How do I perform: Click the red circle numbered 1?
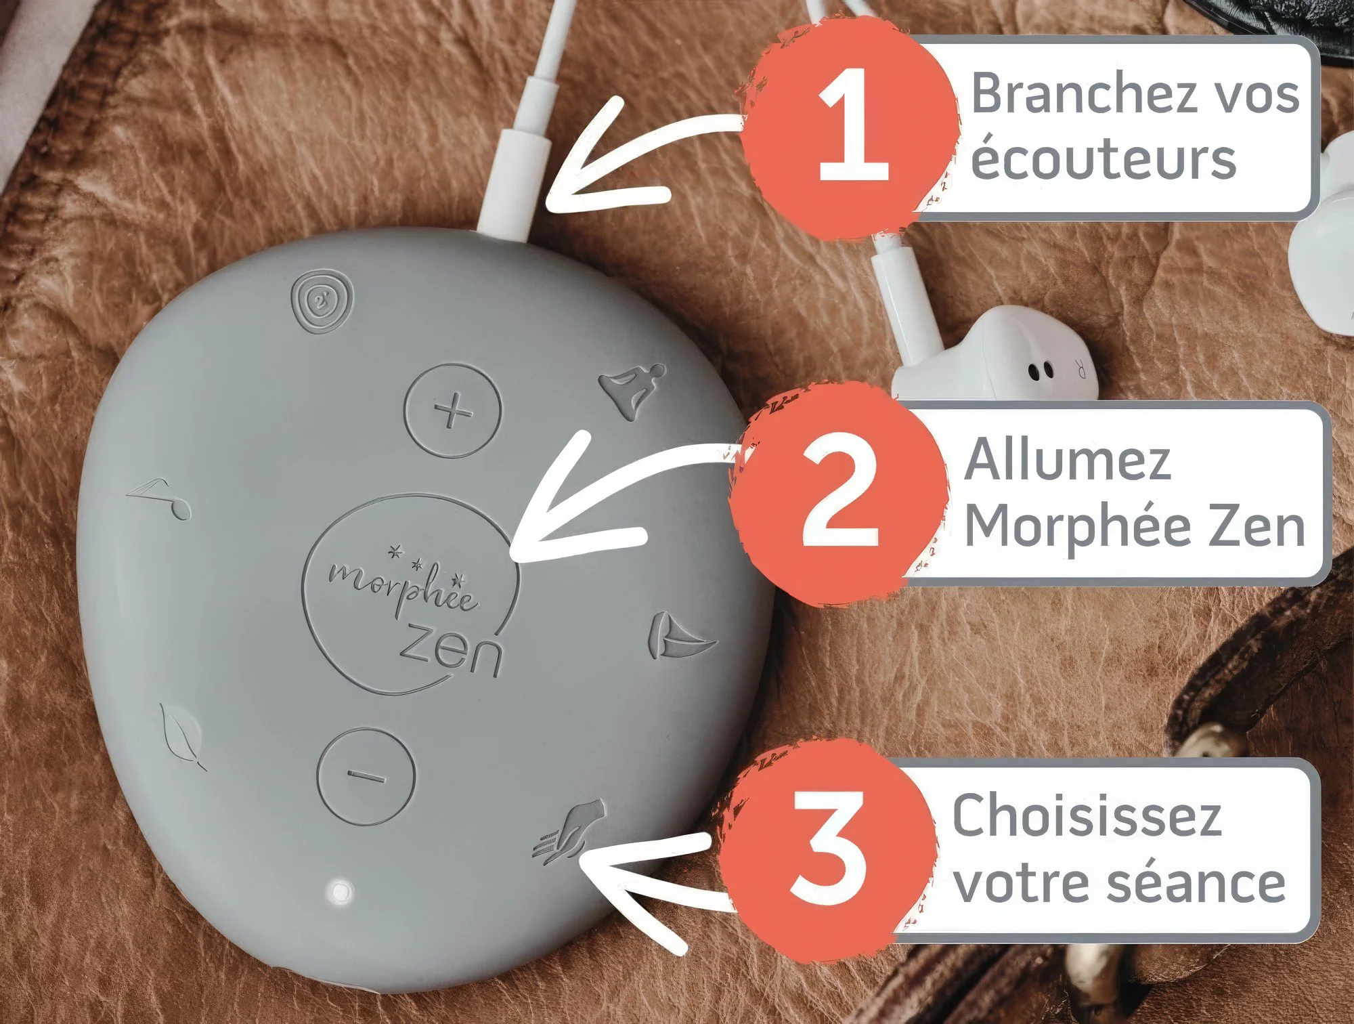click(852, 129)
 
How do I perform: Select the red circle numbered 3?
click(827, 851)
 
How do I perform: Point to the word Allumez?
click(1067, 461)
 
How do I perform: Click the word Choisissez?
click(1087, 815)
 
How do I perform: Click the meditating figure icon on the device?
click(632, 389)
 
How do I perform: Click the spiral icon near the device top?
click(322, 301)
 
